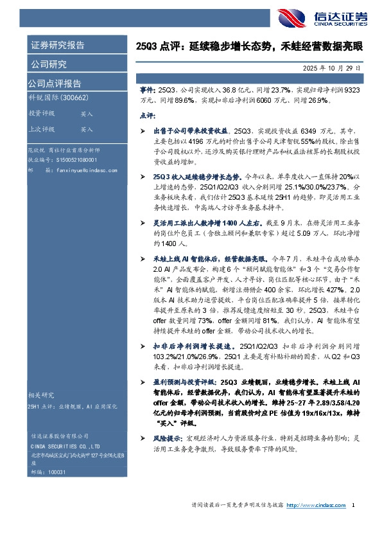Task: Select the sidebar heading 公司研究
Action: click(x=48, y=64)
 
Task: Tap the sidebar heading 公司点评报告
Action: click(x=54, y=83)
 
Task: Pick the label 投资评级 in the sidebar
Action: click(x=42, y=113)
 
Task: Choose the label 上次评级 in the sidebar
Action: click(x=42, y=129)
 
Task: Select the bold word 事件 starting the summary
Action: click(x=148, y=91)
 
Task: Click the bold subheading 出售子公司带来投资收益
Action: click(x=193, y=130)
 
